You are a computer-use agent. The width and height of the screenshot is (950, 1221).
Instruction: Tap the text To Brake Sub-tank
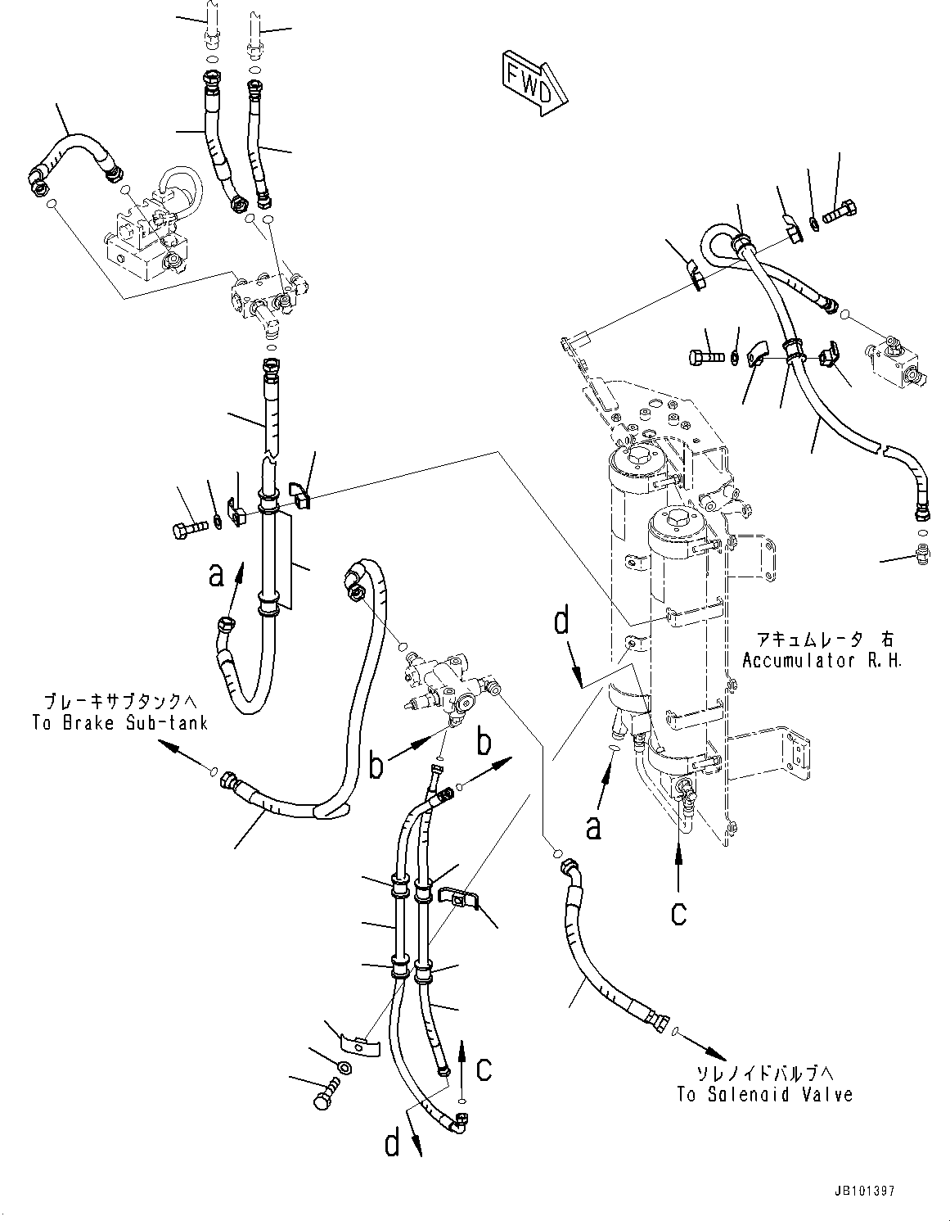point(119,722)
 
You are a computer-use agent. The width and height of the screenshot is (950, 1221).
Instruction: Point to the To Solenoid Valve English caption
point(764,1094)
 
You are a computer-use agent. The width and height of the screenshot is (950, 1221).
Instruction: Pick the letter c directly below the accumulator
point(678,911)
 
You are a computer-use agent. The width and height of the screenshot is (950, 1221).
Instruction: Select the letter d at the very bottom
point(393,1142)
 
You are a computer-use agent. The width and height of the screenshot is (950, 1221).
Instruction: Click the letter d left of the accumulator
point(561,622)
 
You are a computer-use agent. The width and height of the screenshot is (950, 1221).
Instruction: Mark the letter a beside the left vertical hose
point(216,575)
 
